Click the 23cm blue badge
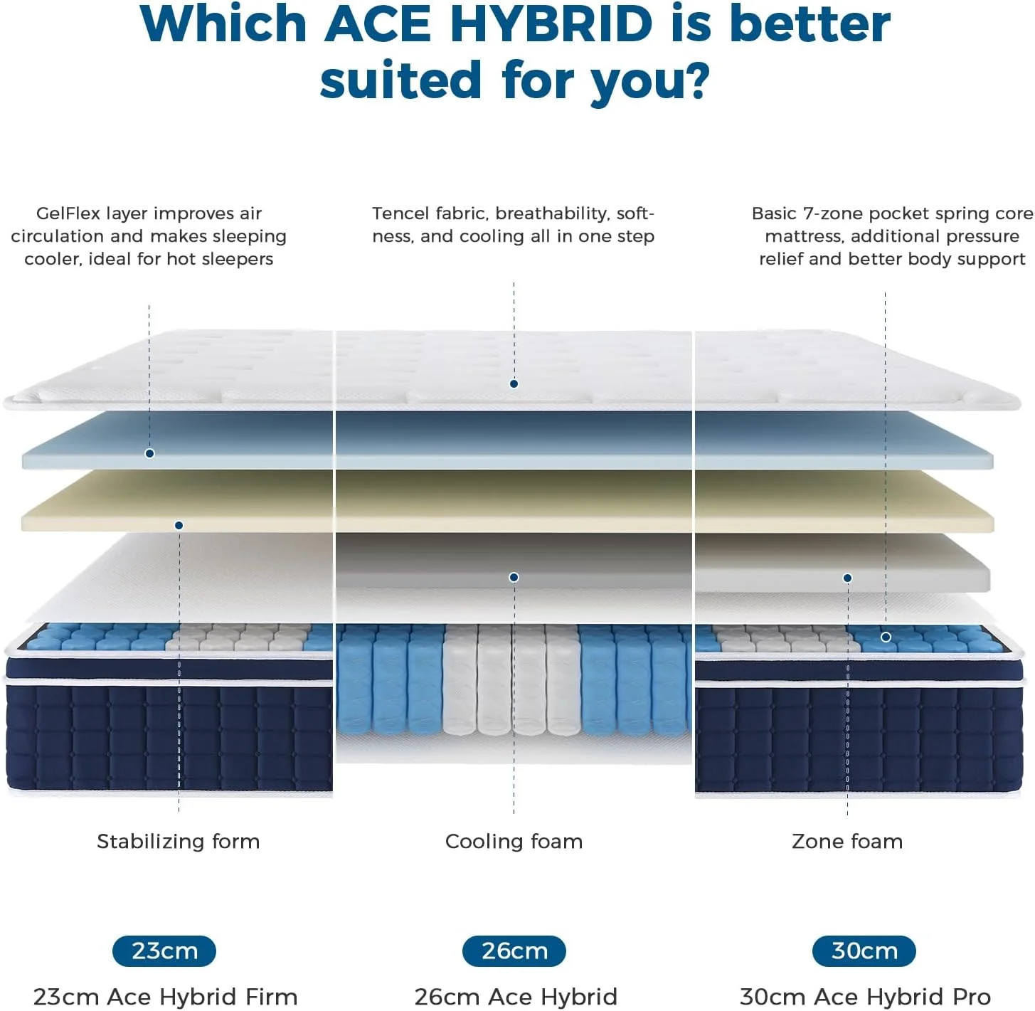pos(164,951)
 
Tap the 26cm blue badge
pos(514,951)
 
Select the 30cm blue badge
pos(864,951)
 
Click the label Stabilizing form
pos(178,841)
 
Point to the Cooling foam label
pos(514,841)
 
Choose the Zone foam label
pos(846,841)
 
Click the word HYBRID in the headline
pos(551,24)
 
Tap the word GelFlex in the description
pos(68,213)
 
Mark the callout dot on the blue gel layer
pos(149,453)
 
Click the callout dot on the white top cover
pos(514,384)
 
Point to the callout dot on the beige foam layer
pos(179,525)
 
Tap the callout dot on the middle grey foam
pos(514,577)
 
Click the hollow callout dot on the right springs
pos(886,637)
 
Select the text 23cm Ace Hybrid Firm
pos(165,996)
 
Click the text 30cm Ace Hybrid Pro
pos(865,996)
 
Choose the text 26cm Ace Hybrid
pos(516,996)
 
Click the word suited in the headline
pos(400,80)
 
